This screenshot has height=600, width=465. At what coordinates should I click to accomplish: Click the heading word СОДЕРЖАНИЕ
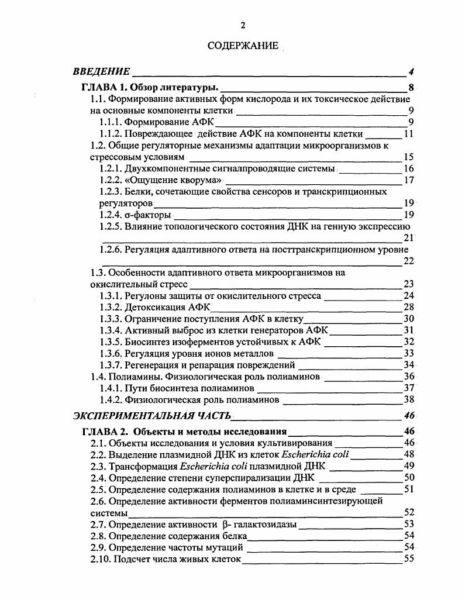(x=243, y=46)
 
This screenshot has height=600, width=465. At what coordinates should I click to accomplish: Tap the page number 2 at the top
(x=243, y=25)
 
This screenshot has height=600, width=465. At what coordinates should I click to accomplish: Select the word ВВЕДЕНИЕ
(x=101, y=72)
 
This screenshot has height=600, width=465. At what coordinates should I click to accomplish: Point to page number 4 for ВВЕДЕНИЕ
(x=412, y=72)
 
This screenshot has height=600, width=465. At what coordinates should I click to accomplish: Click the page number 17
(x=409, y=180)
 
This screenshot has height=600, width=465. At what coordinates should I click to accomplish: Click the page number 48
(x=409, y=454)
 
